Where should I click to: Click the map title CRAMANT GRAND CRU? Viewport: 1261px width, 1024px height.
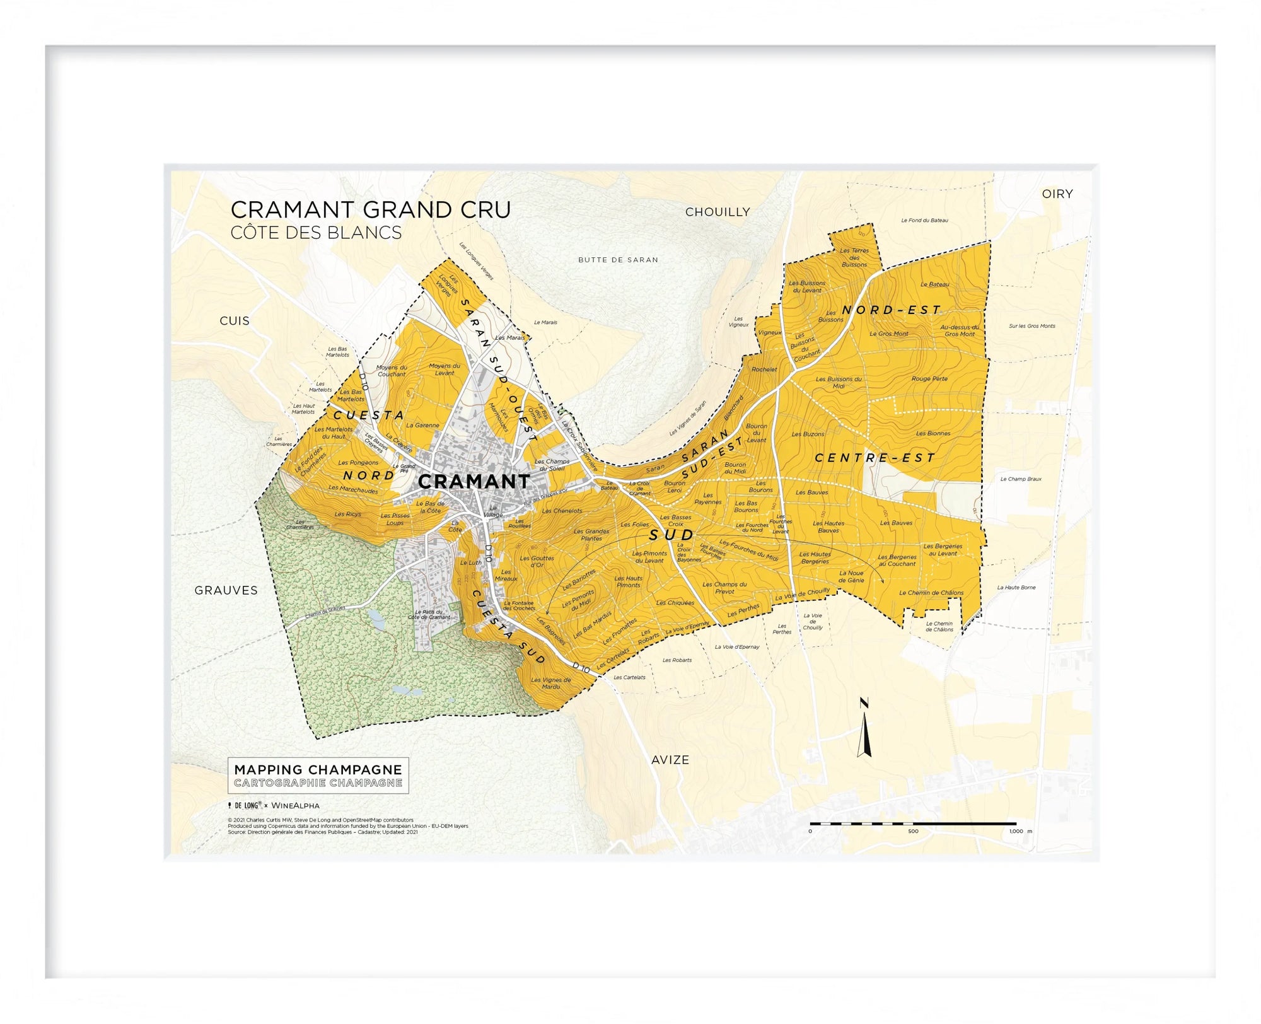(370, 209)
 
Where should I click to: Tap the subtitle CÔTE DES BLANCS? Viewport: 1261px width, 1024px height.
(316, 233)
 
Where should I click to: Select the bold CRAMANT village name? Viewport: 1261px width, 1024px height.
(474, 482)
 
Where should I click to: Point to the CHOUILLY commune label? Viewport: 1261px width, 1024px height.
(718, 212)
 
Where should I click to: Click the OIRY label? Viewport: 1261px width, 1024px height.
(1057, 194)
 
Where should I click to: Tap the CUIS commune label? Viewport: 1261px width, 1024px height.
(235, 321)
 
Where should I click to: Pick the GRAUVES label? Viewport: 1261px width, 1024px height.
(226, 590)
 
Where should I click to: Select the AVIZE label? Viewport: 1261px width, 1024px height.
(670, 760)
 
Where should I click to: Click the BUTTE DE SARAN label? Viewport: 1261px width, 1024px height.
(618, 260)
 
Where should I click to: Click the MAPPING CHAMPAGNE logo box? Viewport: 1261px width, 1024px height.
(318, 776)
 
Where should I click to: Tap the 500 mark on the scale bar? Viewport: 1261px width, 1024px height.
(913, 831)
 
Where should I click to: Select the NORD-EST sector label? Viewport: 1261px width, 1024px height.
(891, 310)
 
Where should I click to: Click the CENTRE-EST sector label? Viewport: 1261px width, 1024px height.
(875, 458)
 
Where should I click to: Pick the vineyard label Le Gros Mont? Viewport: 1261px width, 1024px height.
(889, 334)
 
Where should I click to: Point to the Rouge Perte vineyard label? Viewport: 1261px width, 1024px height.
(929, 379)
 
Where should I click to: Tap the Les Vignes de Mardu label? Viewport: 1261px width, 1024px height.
(550, 683)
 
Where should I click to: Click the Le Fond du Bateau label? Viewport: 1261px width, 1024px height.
(924, 221)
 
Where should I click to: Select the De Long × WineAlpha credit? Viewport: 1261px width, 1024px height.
(274, 805)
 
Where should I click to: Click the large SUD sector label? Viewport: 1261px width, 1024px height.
(671, 535)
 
